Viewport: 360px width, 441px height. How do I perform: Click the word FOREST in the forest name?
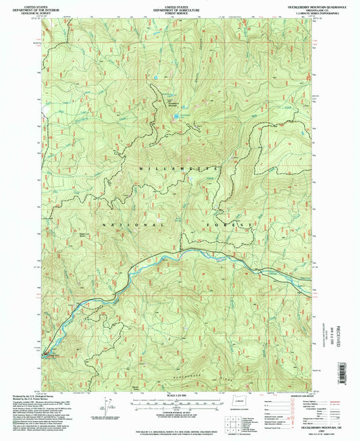click(x=234, y=224)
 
